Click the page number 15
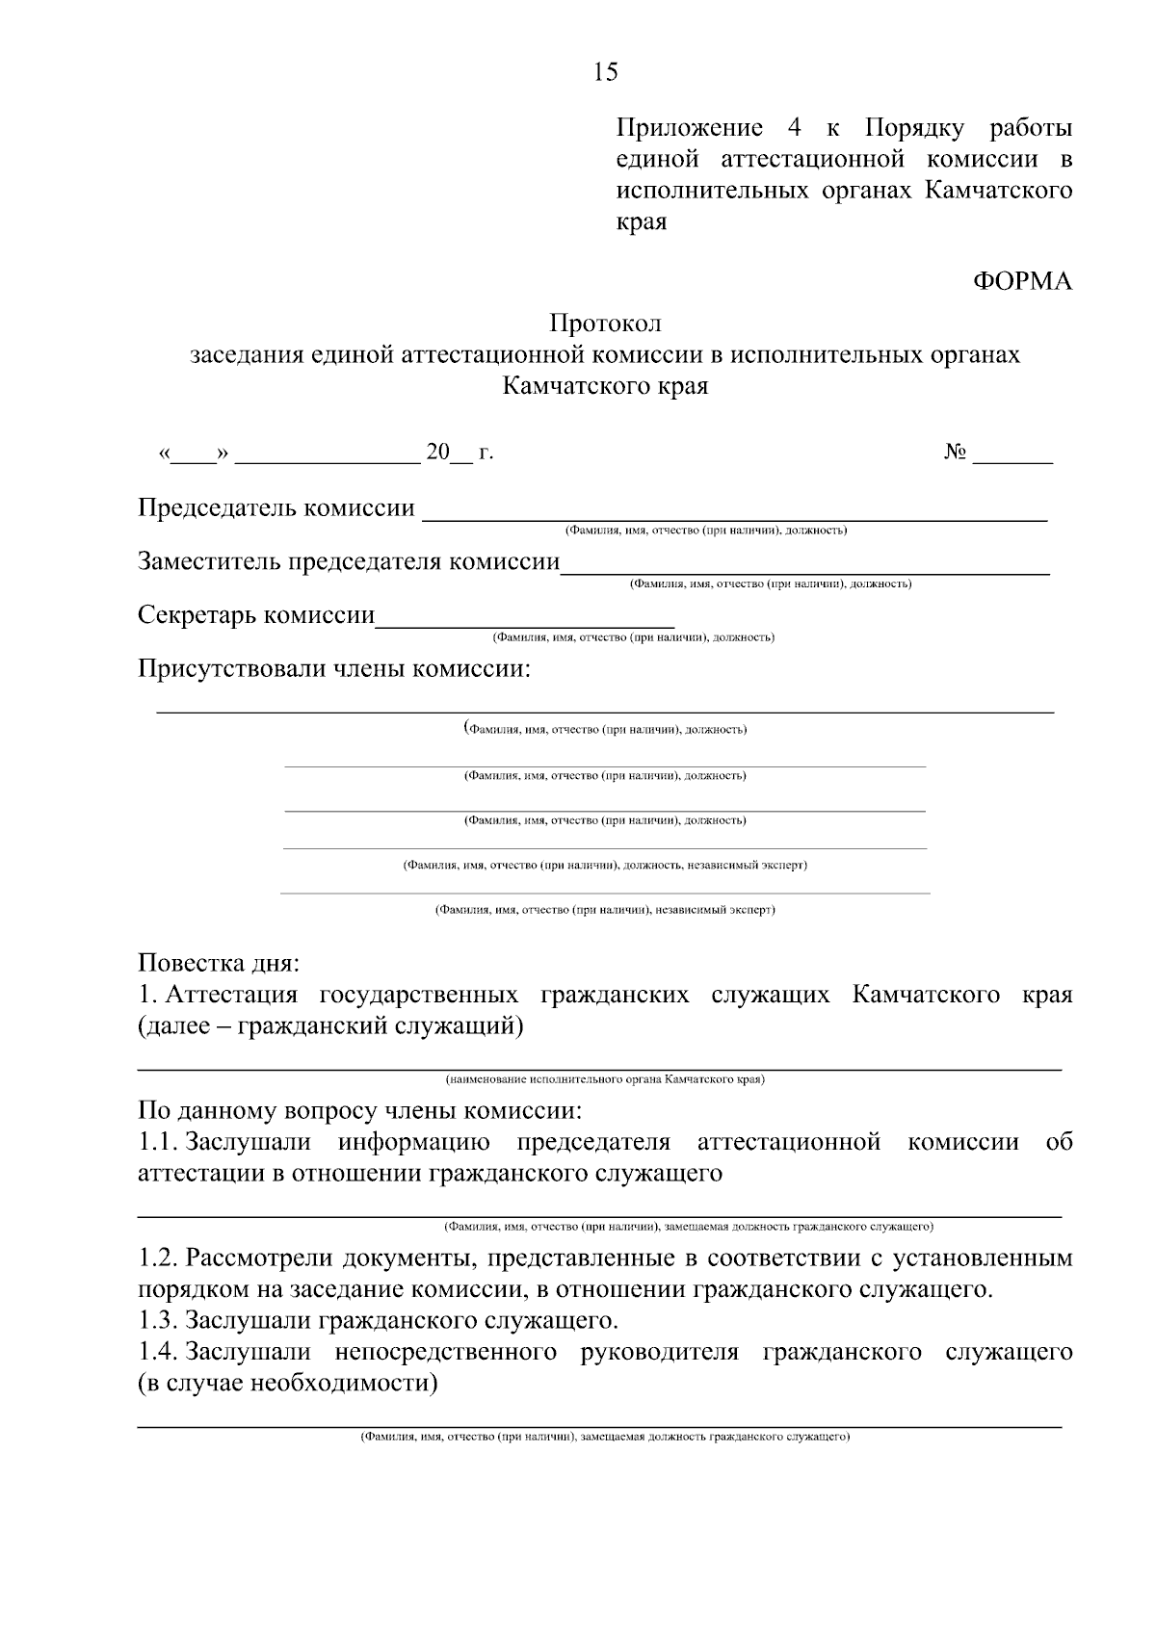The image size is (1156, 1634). [x=606, y=72]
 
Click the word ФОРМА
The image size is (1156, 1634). [x=1022, y=281]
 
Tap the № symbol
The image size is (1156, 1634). [x=955, y=453]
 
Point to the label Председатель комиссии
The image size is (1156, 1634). [x=276, y=507]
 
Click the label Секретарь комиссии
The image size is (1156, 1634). [x=256, y=614]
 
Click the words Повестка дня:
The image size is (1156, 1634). [x=219, y=963]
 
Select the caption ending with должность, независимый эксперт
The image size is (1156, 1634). [x=605, y=865]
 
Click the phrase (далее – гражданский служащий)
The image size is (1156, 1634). [x=331, y=1026]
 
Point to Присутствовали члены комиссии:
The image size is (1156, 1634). [x=334, y=668]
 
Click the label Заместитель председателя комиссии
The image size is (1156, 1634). [x=349, y=561]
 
